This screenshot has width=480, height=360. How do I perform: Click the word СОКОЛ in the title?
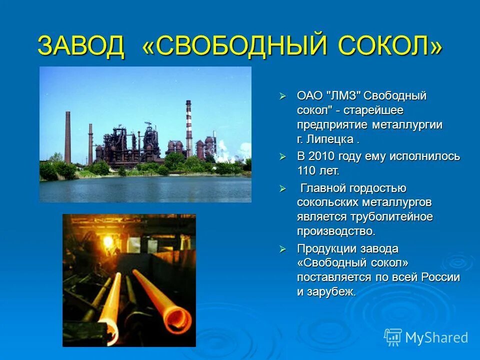tap(390, 46)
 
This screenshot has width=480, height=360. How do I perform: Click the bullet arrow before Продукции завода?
tap(282, 249)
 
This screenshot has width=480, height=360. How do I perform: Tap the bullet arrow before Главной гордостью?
tap(282, 188)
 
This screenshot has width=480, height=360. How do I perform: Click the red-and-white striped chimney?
tap(189, 127)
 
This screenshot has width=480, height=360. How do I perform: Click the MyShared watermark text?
tap(436, 337)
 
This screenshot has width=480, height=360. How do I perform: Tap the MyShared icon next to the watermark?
tap(393, 337)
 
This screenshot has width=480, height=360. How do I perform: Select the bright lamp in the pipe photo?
tap(107, 240)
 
